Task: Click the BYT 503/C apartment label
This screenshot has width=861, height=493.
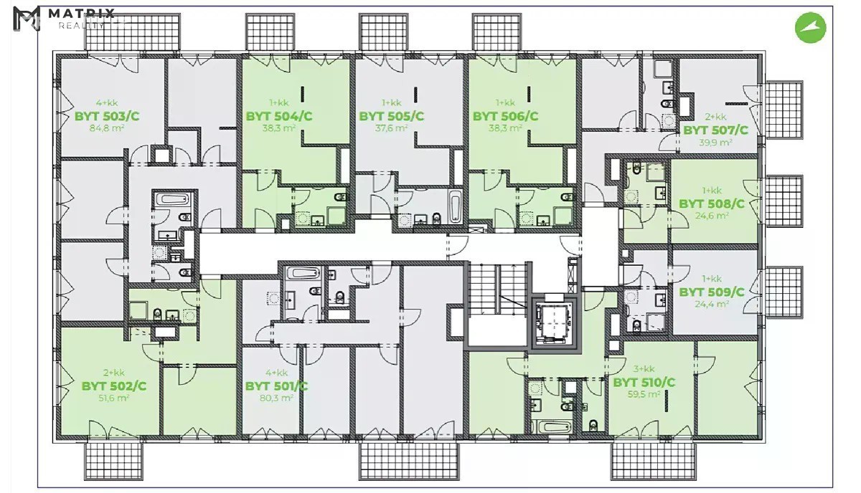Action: tap(107, 116)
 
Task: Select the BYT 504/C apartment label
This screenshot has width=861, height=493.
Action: tap(279, 116)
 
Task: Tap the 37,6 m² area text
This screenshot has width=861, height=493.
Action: tap(391, 128)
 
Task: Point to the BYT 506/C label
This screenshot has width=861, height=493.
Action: tap(505, 116)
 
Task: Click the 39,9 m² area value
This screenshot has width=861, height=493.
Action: tap(715, 143)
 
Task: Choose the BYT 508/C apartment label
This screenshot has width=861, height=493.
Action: tap(712, 204)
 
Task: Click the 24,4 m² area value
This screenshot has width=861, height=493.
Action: tap(712, 304)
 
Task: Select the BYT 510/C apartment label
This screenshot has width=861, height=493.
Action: tap(644, 383)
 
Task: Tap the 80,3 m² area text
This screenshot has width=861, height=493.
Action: tap(277, 398)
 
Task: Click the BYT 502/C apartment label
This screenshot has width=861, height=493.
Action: tap(114, 386)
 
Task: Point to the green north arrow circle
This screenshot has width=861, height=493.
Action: tap(810, 28)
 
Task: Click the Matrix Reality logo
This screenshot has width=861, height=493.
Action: tap(64, 18)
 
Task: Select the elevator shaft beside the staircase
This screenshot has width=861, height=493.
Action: tap(553, 322)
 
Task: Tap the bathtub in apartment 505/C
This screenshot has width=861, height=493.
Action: tap(455, 206)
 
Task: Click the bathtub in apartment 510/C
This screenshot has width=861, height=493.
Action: tap(550, 427)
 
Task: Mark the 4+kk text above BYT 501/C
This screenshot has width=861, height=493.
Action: tap(277, 373)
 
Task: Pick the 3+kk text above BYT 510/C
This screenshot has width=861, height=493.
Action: tap(644, 369)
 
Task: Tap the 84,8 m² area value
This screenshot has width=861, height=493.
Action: tap(107, 128)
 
